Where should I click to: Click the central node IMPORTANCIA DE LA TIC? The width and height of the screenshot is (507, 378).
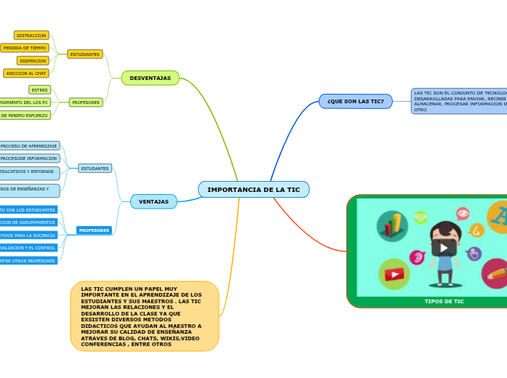(253, 190)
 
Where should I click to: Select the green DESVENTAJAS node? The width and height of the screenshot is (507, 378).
(150, 78)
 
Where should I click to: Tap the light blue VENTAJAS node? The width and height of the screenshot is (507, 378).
(153, 201)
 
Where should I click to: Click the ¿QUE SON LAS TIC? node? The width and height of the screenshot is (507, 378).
(355, 101)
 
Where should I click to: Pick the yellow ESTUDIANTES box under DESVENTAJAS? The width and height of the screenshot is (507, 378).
(85, 55)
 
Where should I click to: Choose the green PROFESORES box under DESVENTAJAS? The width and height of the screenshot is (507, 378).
(86, 102)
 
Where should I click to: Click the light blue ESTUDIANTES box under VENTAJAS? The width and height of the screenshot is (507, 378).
(95, 169)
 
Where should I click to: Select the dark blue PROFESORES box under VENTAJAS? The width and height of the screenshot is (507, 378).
(94, 230)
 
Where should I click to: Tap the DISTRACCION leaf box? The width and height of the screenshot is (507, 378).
(31, 35)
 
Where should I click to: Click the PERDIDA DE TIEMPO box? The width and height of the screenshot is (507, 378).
(25, 48)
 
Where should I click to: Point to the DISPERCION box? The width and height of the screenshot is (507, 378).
(33, 61)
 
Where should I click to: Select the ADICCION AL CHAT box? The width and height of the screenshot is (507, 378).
(26, 73)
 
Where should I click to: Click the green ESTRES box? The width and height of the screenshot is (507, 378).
(39, 90)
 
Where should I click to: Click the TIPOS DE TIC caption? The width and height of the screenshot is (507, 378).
(444, 301)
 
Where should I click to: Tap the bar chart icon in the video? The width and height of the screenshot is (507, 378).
(392, 225)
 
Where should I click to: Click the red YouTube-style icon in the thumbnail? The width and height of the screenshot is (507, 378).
(394, 274)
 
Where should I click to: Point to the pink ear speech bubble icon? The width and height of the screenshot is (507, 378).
(418, 257)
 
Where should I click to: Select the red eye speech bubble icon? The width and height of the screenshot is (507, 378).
(463, 213)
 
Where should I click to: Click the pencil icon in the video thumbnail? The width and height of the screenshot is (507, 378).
(496, 273)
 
